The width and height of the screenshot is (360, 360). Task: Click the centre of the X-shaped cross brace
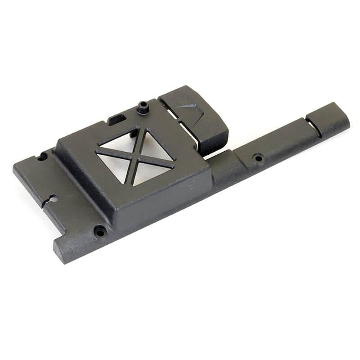[135, 157]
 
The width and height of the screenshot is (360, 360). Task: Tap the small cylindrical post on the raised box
[143, 108]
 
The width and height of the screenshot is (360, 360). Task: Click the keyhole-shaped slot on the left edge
[52, 199]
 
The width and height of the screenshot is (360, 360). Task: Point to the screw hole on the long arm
[258, 158]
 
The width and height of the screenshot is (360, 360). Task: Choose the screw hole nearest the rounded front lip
[99, 232]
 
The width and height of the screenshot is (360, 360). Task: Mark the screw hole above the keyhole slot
[42, 157]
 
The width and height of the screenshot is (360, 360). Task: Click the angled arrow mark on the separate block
[189, 107]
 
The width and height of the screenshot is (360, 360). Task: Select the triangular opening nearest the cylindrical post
[121, 141]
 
